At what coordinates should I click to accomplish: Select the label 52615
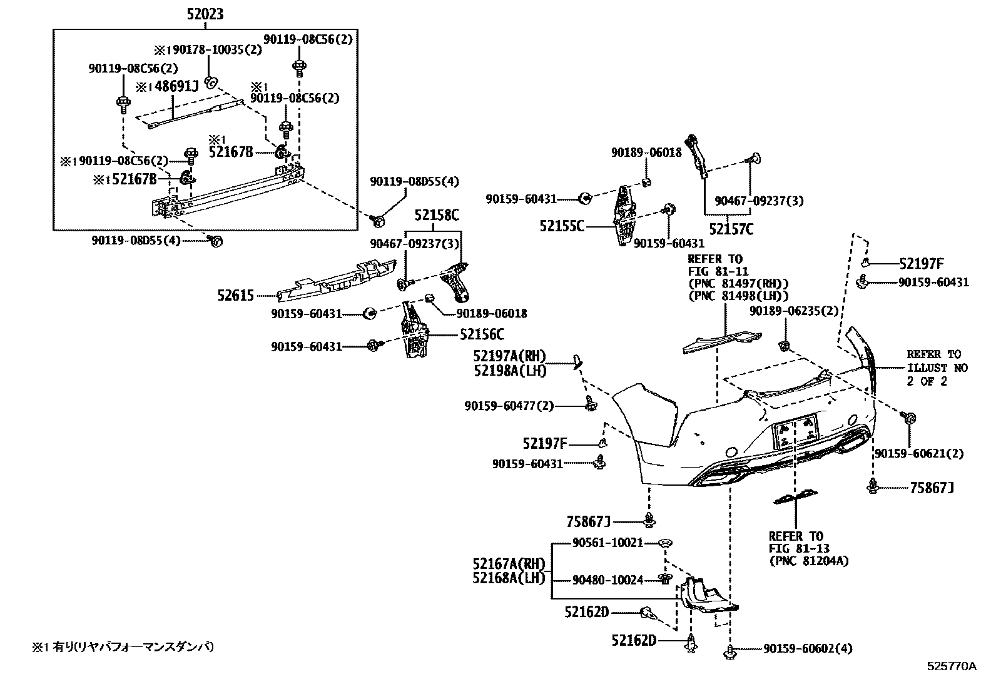pos(236,295)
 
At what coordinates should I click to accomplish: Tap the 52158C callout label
pos(436,216)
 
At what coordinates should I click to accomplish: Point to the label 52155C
pos(561,226)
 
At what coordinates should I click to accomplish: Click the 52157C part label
pos(731,229)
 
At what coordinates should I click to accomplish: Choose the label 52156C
pos(482,335)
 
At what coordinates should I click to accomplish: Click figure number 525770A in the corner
pos(951,666)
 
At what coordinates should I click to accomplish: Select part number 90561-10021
pos(607,543)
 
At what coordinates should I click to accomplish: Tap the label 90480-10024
pos(607,580)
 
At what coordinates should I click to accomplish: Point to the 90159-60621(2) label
pos(918,453)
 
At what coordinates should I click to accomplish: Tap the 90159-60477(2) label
pos(509,406)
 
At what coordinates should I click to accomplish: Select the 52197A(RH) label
pos(509,356)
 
